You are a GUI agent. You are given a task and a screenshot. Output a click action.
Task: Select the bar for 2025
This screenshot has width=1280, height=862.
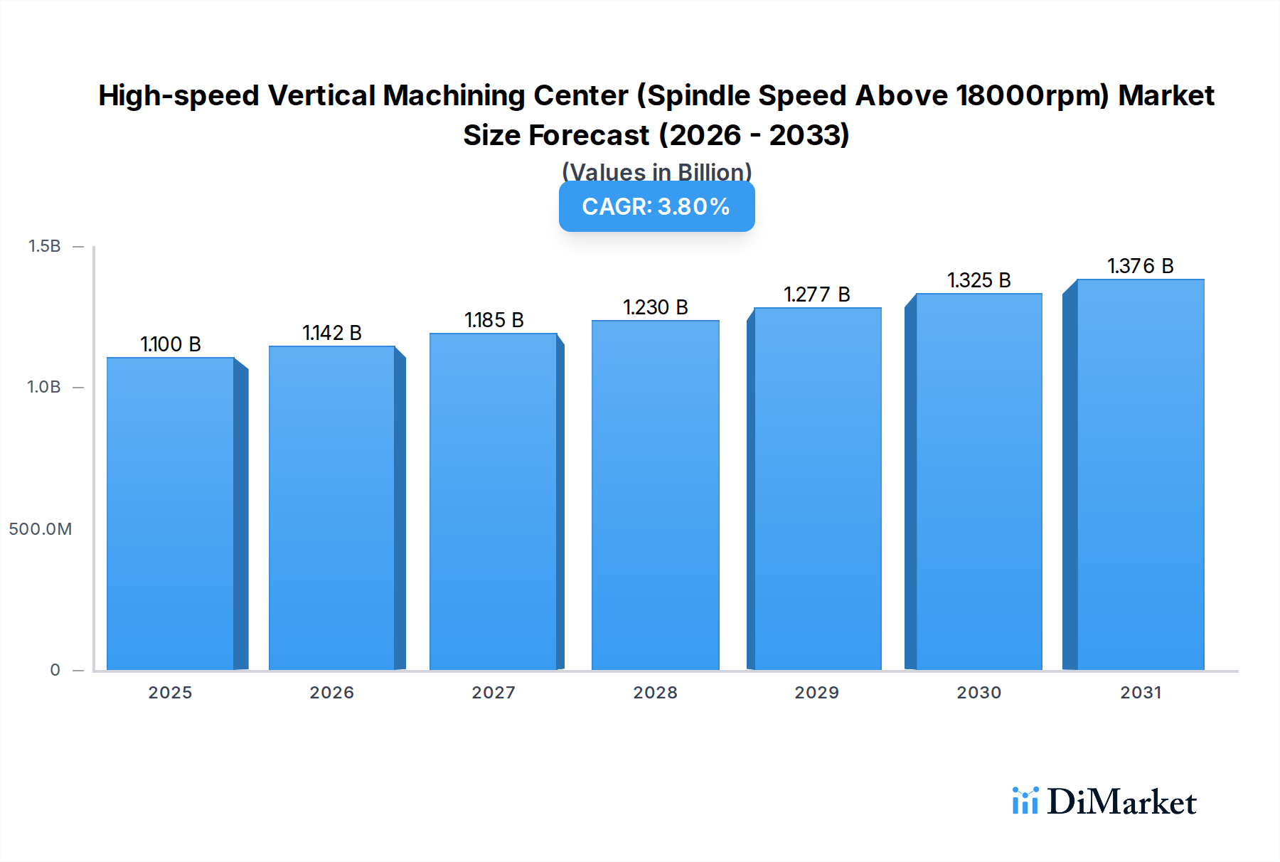[x=171, y=514]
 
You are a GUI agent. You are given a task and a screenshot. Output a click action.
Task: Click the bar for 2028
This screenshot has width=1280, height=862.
[x=655, y=495]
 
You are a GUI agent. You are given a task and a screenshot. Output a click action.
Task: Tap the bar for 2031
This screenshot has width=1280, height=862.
[x=1141, y=474]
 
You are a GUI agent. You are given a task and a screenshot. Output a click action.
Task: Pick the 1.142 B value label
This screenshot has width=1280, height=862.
[x=332, y=333]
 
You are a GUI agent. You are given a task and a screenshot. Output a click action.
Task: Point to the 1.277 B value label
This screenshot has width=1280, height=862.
[x=817, y=294]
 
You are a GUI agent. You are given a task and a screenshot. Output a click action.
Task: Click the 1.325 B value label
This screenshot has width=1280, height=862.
[x=979, y=280]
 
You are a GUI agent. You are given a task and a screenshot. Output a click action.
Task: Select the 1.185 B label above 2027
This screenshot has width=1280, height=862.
[x=494, y=320]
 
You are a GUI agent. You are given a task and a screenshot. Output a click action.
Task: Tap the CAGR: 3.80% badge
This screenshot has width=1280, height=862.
[x=656, y=206]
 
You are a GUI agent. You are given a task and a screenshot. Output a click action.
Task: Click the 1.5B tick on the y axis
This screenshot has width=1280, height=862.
[x=45, y=246]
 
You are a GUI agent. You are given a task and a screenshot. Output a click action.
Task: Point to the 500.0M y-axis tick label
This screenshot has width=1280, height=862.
[x=41, y=529]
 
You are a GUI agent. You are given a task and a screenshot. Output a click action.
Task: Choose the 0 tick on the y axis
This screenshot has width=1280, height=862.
[x=55, y=670]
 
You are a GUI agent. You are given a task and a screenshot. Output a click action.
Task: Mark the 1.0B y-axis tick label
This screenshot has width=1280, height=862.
[x=44, y=387]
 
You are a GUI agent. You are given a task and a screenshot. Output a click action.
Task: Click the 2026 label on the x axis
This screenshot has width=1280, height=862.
[x=332, y=693]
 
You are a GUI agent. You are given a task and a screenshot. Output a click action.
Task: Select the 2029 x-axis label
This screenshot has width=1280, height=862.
[x=817, y=693]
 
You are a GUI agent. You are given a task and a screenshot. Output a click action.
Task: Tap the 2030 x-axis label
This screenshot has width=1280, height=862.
[x=979, y=693]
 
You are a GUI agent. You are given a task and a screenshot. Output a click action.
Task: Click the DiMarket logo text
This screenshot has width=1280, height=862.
[x=1121, y=802]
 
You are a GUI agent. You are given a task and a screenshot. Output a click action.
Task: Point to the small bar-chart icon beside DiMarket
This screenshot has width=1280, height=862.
[x=1025, y=801]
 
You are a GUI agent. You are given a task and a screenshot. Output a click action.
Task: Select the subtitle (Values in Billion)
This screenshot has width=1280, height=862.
[x=656, y=171]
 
